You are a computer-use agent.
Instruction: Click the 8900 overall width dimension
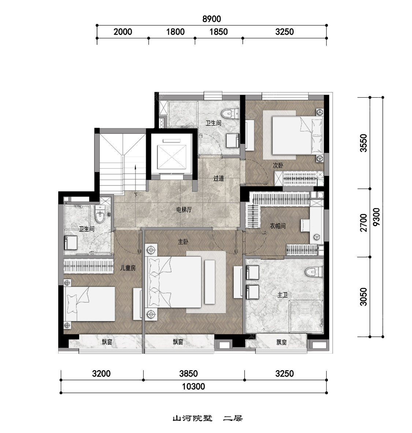pos(212,19)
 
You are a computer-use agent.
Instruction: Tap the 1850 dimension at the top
pos(218,32)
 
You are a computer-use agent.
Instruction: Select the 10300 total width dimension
pos(193,386)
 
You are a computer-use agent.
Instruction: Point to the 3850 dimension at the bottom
pos(188,374)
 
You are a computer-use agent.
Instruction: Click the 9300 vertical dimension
pos(376,217)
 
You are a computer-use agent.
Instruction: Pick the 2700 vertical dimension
pos(364,223)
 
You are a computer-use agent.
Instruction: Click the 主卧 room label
pos(183,242)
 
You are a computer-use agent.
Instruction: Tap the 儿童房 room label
pos(128,268)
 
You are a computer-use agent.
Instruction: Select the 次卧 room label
pos(278,165)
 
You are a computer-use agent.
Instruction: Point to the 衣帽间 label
pos(278,226)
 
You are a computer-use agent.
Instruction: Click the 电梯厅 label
pos(184,210)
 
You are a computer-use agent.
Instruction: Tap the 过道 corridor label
pos(218,178)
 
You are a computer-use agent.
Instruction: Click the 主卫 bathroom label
pos(282,295)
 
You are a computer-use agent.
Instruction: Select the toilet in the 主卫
pos(314,272)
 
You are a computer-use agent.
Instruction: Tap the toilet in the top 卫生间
pos(230,113)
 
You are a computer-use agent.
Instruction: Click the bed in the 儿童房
pos(89,304)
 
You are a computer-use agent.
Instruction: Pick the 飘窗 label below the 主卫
pos(282,342)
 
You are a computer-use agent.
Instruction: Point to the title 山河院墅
pos(193,418)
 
